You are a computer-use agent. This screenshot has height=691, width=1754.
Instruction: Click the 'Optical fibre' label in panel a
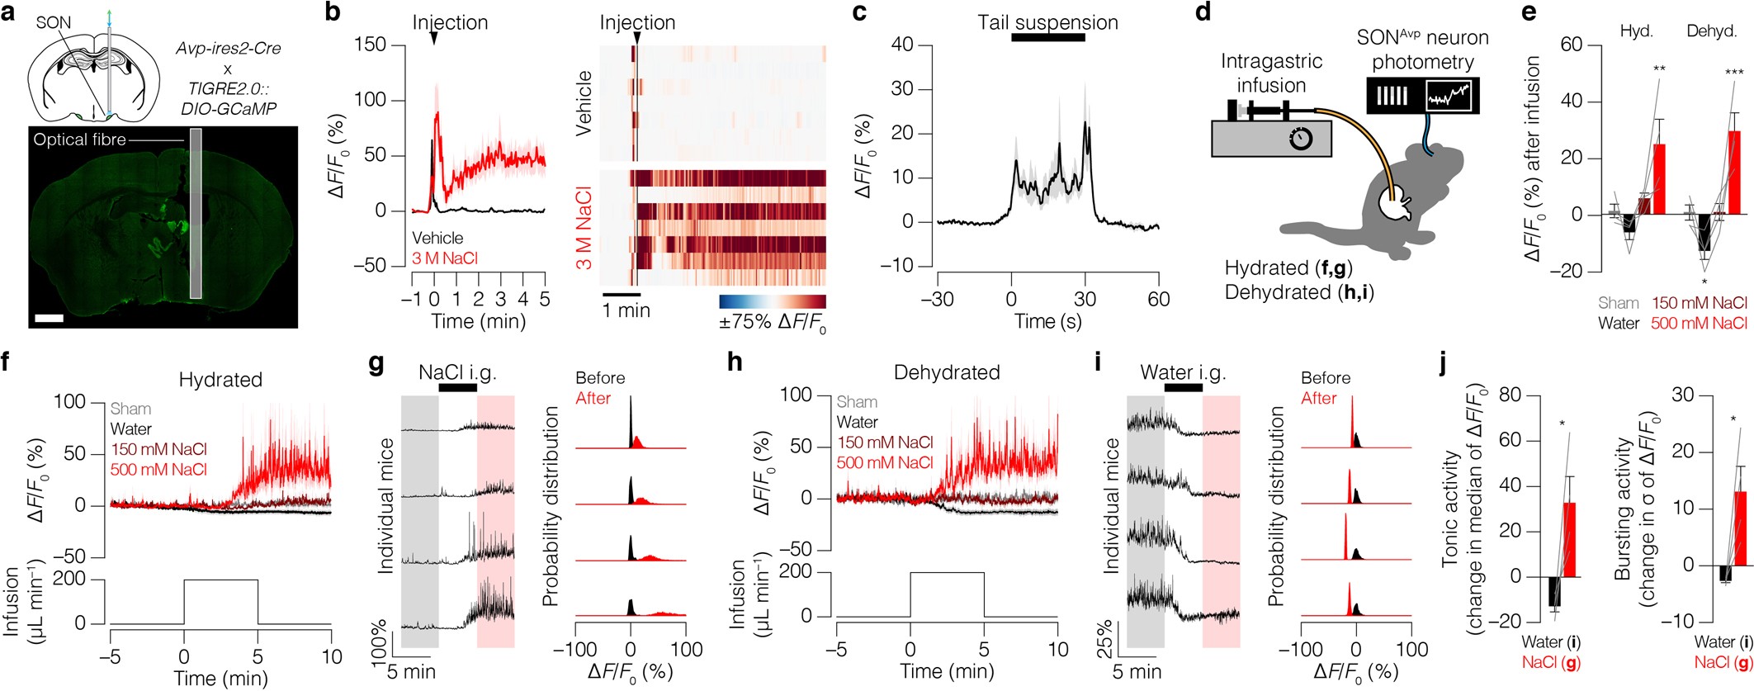(79, 140)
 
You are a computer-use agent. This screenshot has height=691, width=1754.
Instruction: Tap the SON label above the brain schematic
(54, 22)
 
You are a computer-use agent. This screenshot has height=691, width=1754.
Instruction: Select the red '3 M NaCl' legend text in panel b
(445, 258)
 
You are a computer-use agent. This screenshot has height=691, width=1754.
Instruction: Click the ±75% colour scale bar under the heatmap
(772, 301)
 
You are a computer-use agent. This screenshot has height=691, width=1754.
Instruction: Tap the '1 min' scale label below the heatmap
(626, 311)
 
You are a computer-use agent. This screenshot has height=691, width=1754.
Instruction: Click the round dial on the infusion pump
(1301, 140)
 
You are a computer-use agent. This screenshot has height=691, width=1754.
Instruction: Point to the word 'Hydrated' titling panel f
(220, 380)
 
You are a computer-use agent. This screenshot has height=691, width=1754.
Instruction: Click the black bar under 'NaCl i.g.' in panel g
(457, 387)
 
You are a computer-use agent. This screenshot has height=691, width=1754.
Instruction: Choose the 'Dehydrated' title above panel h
(947, 372)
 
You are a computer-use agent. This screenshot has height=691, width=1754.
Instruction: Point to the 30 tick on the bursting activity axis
(1682, 395)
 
